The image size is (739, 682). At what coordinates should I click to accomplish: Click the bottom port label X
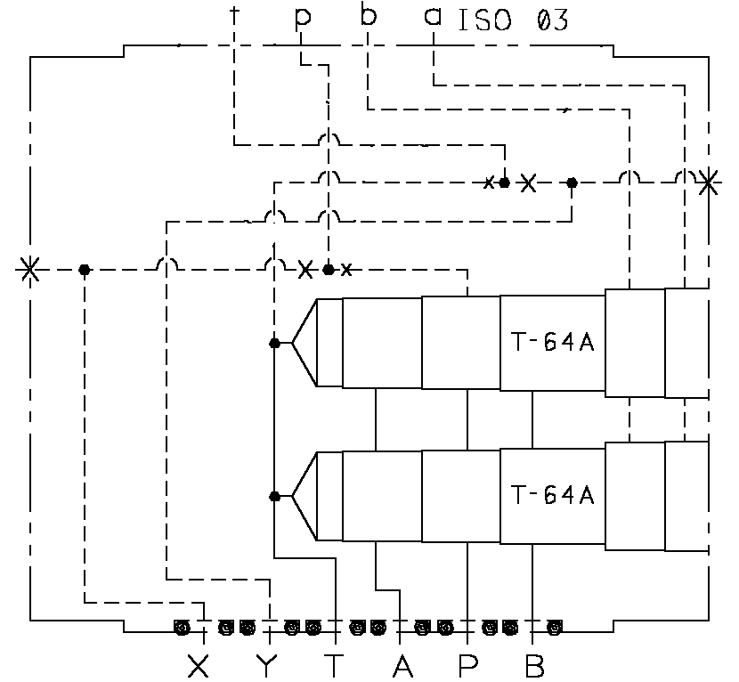pyautogui.click(x=199, y=664)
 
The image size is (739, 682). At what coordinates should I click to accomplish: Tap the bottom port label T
pyautogui.click(x=334, y=664)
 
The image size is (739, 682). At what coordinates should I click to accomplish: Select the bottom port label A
pyautogui.click(x=403, y=664)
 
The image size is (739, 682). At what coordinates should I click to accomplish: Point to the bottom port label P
pyautogui.click(x=468, y=664)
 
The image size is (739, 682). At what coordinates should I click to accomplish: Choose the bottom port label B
pyautogui.click(x=534, y=664)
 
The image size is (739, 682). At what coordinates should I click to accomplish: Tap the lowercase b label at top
pyautogui.click(x=368, y=16)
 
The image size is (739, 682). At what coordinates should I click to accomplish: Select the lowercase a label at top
pyautogui.click(x=434, y=17)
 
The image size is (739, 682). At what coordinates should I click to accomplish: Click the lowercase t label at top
pyautogui.click(x=234, y=15)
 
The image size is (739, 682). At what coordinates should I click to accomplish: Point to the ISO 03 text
pyautogui.click(x=512, y=20)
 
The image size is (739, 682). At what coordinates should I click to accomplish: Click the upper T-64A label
pyautogui.click(x=553, y=343)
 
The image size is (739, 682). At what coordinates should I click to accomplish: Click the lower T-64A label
pyautogui.click(x=553, y=494)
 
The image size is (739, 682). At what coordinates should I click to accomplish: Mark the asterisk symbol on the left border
pyautogui.click(x=29, y=269)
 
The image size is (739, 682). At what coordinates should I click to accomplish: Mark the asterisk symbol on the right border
pyautogui.click(x=709, y=183)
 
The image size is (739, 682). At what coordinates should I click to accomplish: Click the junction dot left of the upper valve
pyautogui.click(x=275, y=343)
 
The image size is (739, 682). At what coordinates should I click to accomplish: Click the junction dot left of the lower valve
pyautogui.click(x=275, y=496)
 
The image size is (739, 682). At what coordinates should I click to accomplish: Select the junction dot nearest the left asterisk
pyautogui.click(x=84, y=269)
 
